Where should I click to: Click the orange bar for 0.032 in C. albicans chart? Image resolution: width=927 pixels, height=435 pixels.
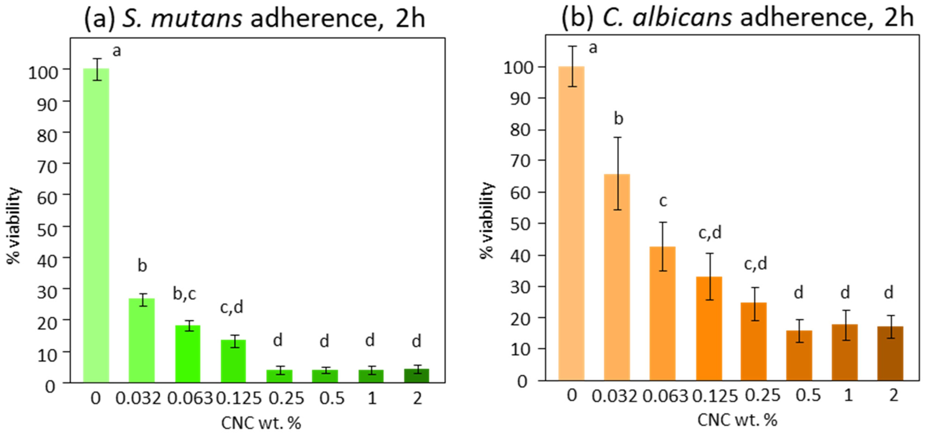[617, 277]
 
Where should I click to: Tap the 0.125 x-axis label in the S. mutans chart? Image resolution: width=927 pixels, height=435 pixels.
[239, 398]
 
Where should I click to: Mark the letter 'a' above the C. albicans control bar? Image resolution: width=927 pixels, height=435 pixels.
[593, 48]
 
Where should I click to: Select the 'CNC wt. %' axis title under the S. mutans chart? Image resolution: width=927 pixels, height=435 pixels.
[261, 423]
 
